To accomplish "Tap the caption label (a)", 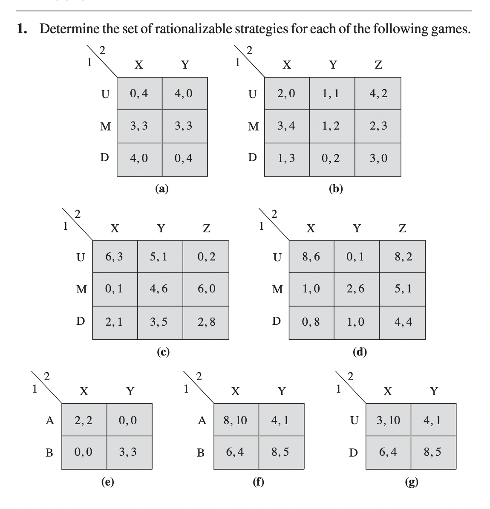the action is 162,188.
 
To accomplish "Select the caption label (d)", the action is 360,352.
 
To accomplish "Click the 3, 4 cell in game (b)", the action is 287,126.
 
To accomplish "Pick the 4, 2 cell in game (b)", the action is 378,93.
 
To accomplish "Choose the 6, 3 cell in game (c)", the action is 115,257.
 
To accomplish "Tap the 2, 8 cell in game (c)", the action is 206,322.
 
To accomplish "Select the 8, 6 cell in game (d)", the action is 311,257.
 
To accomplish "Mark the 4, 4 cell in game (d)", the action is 403,322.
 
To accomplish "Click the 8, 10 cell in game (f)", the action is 235,420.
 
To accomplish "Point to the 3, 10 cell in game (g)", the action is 388,420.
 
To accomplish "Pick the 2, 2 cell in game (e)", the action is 84,420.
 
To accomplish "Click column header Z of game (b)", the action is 378,65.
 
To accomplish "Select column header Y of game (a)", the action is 184,65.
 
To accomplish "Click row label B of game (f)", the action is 200,453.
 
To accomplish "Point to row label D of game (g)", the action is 353,453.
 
